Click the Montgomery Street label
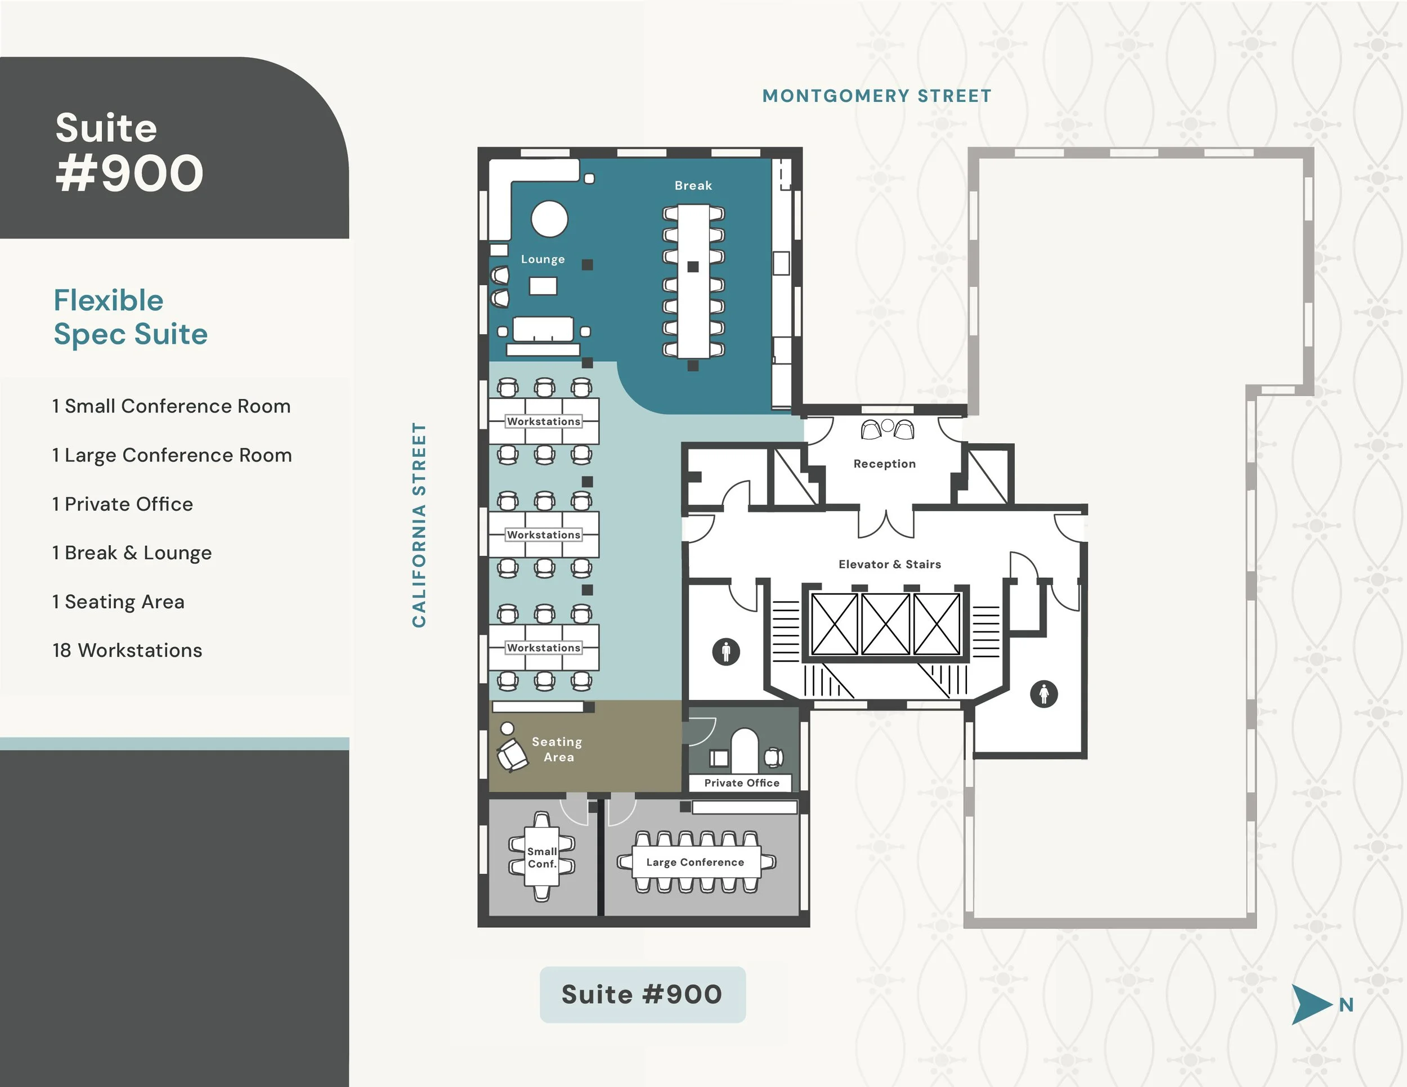pos(876,96)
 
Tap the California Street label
pos(419,525)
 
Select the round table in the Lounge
pos(549,219)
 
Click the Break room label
pos(693,186)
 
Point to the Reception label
pos(884,464)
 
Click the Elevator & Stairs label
pos(889,564)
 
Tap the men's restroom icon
pos(726,651)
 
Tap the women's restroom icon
pos(1043,694)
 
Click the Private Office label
pos(742,783)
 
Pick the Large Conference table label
pos(695,863)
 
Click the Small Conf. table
pos(542,857)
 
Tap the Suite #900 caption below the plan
pos(642,994)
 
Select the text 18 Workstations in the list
pos(128,650)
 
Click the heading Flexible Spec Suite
pos(131,317)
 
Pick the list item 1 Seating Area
pos(119,601)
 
